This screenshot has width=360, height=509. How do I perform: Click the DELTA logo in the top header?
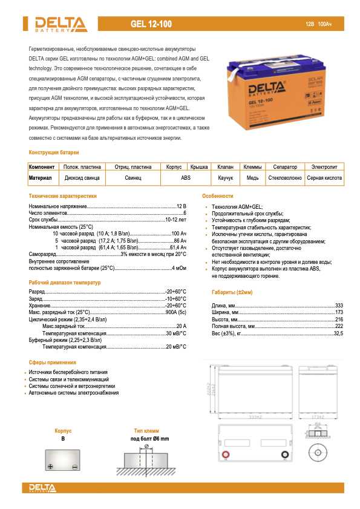[58, 24]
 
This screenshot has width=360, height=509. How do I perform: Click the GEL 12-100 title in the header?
[151, 24]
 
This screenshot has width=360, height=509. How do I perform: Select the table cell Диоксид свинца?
[82, 178]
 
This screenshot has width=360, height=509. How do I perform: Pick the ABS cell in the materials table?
[186, 178]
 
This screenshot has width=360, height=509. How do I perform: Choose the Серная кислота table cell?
[325, 178]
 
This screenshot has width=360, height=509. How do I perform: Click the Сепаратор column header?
[285, 166]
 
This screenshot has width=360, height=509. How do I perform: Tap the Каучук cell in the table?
[226, 178]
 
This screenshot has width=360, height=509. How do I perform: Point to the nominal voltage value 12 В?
[181, 207]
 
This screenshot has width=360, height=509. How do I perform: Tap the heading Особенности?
[218, 196]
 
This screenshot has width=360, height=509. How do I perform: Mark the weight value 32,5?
[338, 333]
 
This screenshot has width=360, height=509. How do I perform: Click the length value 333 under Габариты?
[339, 305]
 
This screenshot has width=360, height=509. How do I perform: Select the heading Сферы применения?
[52, 362]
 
